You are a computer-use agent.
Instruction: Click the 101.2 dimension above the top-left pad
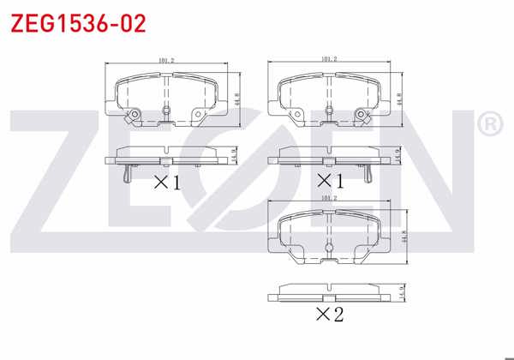(166, 61)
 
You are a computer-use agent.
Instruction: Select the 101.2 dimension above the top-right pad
(328, 59)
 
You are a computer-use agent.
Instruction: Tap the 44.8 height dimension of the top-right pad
(400, 98)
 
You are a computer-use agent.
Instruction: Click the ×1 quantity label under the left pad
(166, 182)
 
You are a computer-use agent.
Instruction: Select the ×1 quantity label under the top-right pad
(329, 181)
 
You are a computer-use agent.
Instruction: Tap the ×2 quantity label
(329, 315)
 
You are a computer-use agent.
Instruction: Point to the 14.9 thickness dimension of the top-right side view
(399, 157)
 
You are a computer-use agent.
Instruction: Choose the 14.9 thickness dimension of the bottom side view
(399, 295)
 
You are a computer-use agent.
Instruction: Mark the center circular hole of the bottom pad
(329, 248)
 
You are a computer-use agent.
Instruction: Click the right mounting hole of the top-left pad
(199, 115)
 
